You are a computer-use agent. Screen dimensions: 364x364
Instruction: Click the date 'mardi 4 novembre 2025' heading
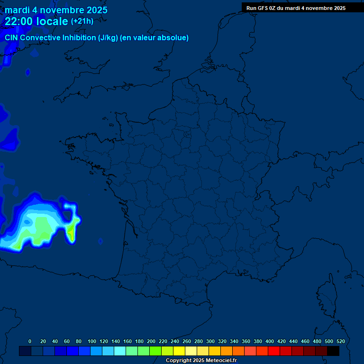point(56,10)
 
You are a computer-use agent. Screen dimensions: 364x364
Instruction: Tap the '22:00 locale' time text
point(36,21)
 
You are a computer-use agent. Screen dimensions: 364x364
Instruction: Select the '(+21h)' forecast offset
point(82,21)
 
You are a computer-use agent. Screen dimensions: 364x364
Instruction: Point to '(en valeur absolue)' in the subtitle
point(155,38)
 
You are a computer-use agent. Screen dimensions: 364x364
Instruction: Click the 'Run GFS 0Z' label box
point(296,8)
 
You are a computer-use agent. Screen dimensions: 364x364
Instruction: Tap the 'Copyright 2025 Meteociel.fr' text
point(201,361)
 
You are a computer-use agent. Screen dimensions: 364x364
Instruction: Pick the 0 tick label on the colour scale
point(30,341)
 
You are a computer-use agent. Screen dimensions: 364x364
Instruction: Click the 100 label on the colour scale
point(91,341)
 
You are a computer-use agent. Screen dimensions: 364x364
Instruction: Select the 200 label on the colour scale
point(151,341)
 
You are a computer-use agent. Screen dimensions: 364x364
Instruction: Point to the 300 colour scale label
point(210,341)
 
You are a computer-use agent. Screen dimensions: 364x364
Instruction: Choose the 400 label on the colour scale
point(269,341)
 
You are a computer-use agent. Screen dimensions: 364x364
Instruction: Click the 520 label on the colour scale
point(340,341)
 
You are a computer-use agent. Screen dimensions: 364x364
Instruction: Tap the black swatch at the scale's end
point(333,351)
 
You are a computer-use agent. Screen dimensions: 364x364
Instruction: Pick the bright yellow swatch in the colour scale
point(179,351)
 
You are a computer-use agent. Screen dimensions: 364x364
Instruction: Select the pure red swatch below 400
point(274,351)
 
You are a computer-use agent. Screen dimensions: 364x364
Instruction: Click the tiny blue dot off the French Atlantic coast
point(101,241)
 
